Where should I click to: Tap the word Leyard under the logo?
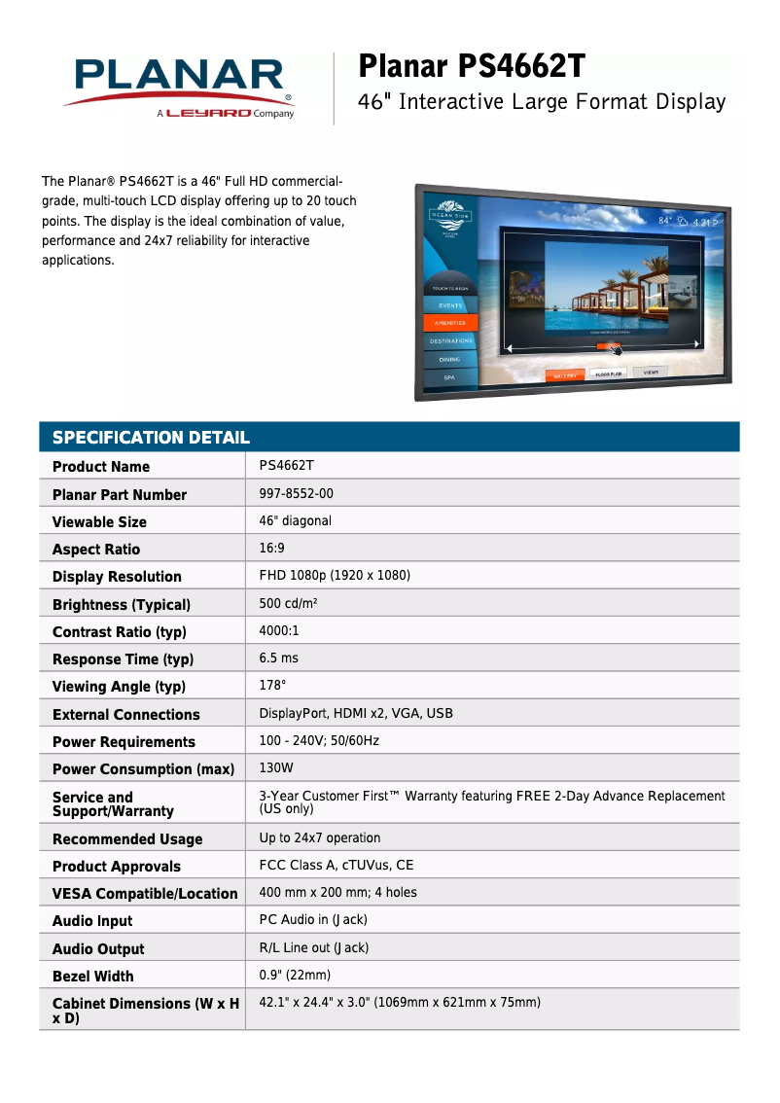pos(209,114)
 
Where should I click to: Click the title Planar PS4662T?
pos(473,67)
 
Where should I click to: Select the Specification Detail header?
pos(151,438)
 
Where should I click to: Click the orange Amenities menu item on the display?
pos(449,322)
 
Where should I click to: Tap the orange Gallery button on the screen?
pos(565,375)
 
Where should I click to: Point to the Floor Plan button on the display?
pos(609,374)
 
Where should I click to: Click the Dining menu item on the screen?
pos(448,359)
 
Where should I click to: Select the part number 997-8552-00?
pos(296,493)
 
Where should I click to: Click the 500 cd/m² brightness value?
pos(288,603)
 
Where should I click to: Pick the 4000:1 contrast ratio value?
pos(279,630)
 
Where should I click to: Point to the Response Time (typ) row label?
pos(123,659)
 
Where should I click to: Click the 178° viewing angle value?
pos(272,686)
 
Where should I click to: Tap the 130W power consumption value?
pos(276,768)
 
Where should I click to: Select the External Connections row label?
pos(125,715)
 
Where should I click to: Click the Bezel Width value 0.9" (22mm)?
pos(295,975)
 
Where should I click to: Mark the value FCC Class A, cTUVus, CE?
pos(337,865)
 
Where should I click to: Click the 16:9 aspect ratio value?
pos(271,549)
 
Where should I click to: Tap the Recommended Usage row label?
pos(127,839)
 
